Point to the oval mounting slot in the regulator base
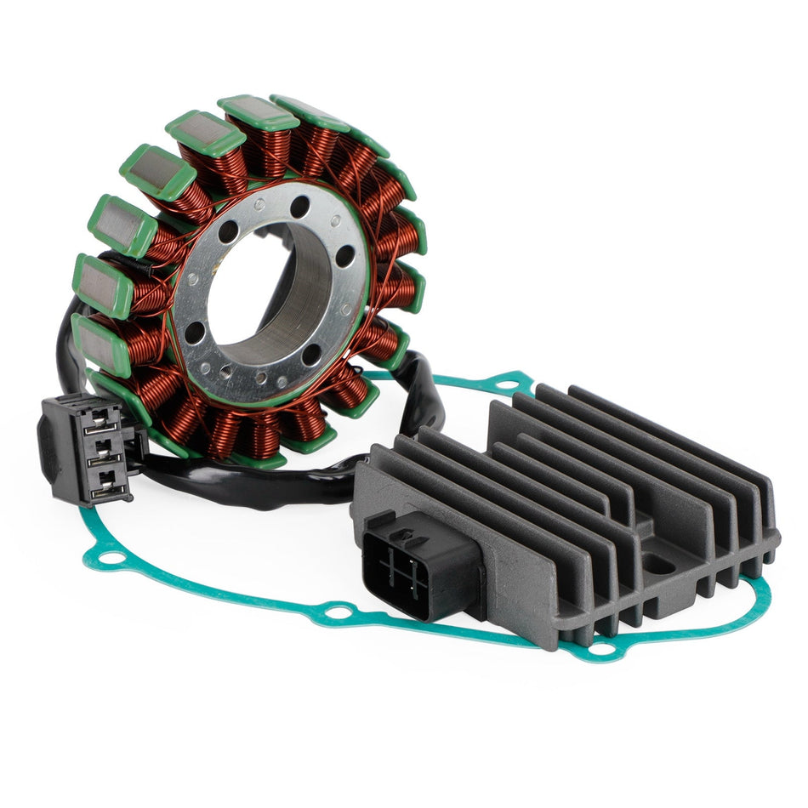coord(654,561)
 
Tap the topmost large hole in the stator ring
coord(299,206)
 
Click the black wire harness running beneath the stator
coord(255,481)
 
